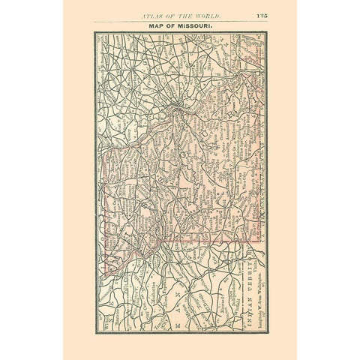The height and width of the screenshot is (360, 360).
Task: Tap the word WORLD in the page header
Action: [x=223, y=16]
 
